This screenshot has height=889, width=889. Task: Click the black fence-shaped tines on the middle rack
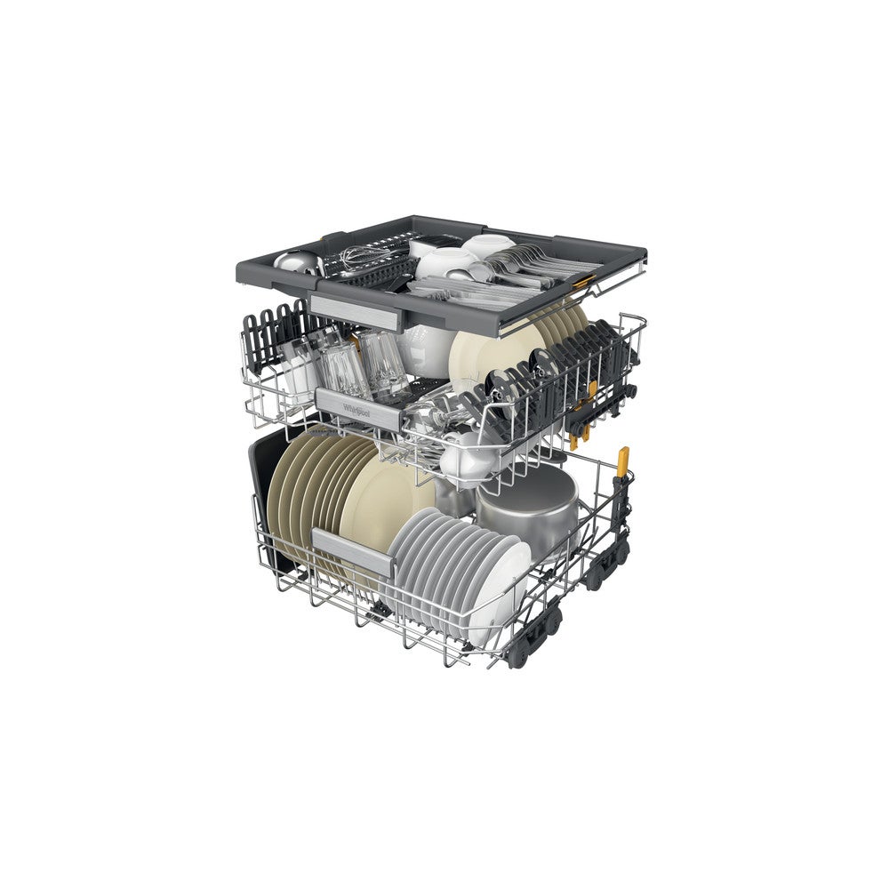[276, 333]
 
